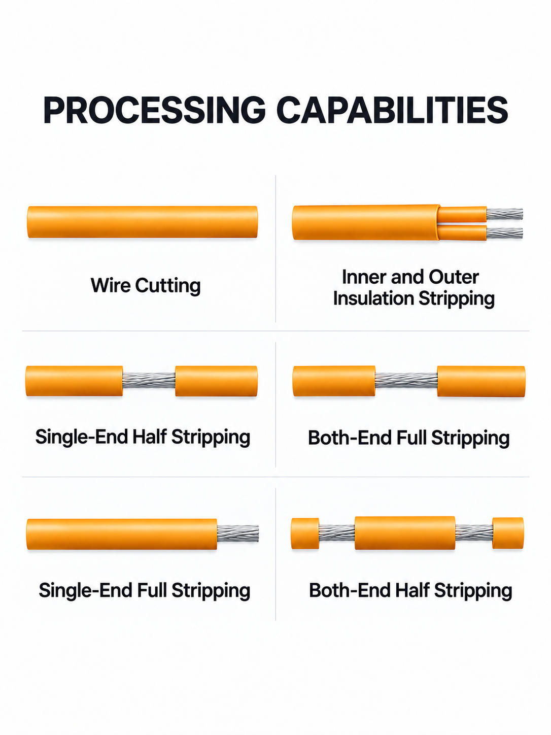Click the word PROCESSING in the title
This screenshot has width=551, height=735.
(155, 110)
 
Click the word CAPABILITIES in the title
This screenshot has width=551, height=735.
(392, 110)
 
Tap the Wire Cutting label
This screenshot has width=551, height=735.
(146, 286)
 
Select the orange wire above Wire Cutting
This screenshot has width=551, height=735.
(143, 222)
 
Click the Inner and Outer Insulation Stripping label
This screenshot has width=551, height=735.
(414, 288)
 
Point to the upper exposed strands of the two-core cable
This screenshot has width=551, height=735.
(504, 214)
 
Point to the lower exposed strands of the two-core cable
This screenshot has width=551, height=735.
(504, 232)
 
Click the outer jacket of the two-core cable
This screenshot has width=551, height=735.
(366, 222)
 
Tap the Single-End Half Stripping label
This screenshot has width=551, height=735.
(143, 437)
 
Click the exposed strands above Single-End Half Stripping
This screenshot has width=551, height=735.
(149, 381)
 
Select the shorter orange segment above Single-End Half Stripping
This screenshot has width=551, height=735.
(217, 381)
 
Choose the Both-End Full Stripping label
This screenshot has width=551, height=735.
(409, 438)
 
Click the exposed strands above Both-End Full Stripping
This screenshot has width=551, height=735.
(406, 381)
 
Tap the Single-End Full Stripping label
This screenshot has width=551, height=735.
(145, 590)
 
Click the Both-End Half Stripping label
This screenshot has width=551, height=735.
(410, 590)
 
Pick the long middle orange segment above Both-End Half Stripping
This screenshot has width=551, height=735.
(405, 533)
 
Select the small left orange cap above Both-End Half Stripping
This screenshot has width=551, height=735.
(305, 533)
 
